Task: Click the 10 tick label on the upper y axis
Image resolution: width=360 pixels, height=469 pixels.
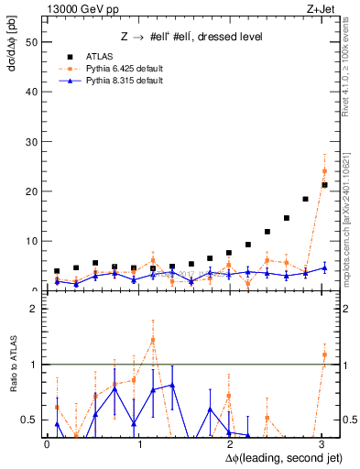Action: (30, 241)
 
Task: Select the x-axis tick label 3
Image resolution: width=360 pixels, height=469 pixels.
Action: (322, 444)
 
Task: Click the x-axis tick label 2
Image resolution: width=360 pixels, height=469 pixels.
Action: (231, 444)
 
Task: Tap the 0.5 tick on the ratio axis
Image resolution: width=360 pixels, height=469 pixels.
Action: (28, 420)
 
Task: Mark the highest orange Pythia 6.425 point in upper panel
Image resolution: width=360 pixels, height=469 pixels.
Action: (324, 170)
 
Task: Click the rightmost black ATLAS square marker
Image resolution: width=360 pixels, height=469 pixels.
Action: (324, 185)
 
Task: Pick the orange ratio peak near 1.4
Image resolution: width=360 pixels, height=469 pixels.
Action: (153, 339)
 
